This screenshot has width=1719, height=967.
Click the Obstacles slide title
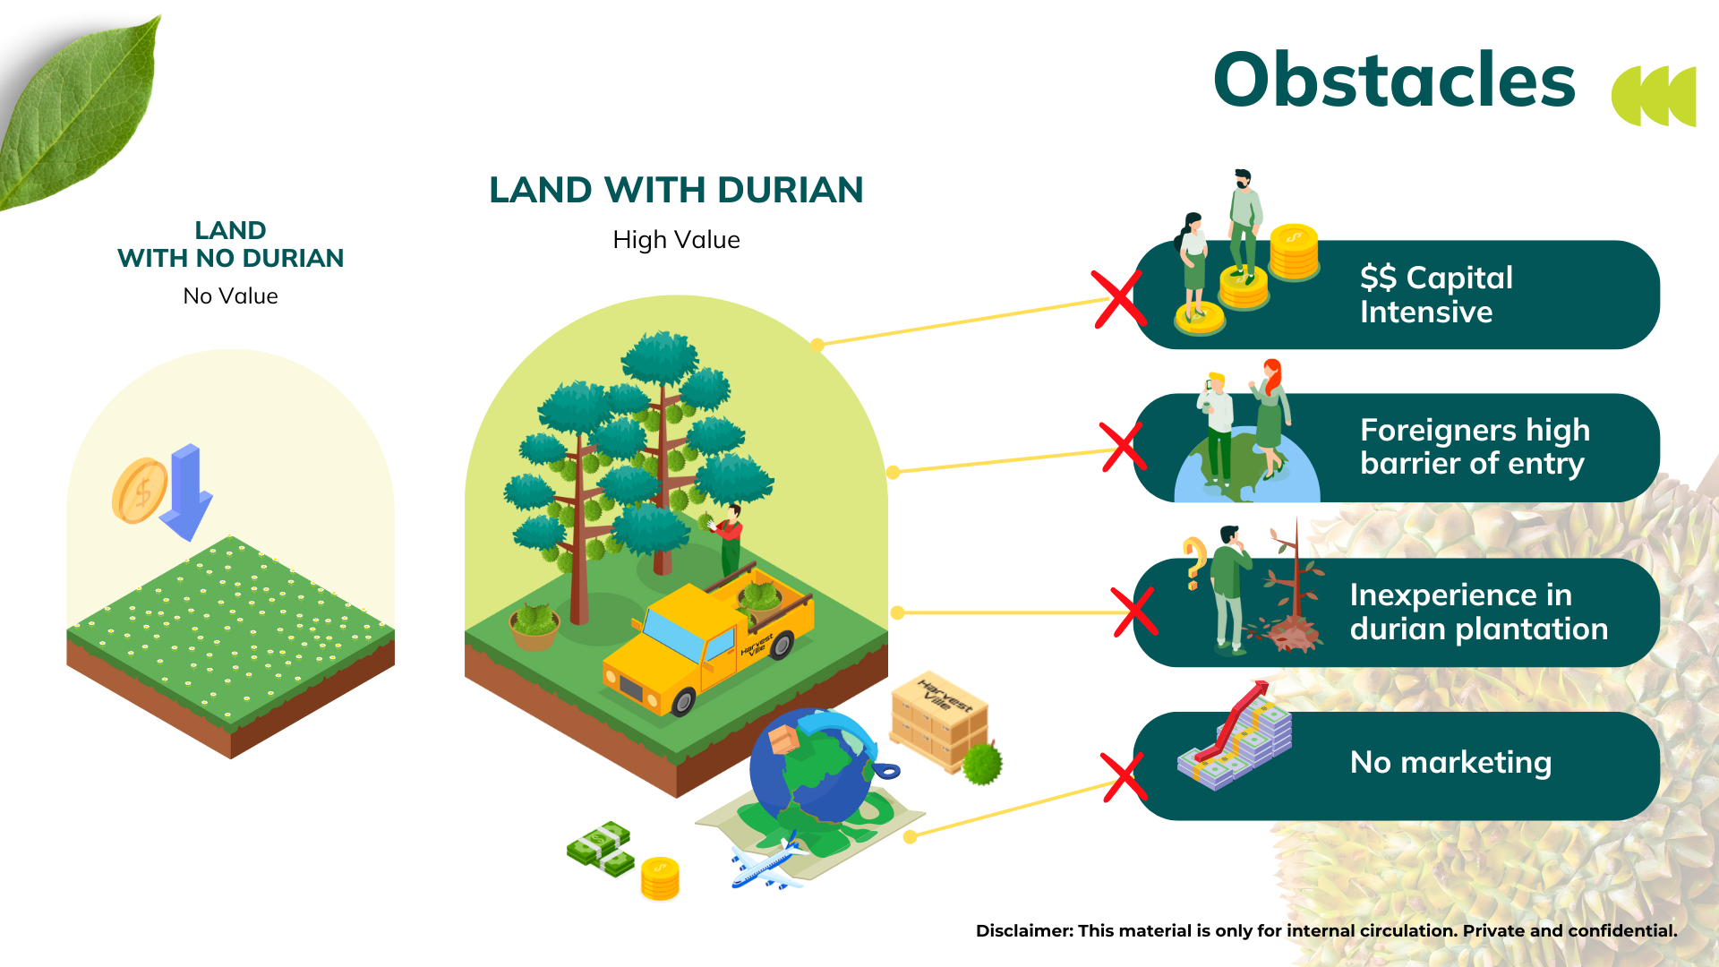[1394, 80]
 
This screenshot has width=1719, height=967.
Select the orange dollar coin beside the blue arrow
[140, 491]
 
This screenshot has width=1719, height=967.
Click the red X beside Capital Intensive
[1118, 299]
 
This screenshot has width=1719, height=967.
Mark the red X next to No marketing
[1124, 776]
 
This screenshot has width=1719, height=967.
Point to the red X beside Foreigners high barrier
[1124, 447]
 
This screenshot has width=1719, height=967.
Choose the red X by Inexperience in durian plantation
[1134, 612]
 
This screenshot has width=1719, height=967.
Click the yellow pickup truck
[708, 642]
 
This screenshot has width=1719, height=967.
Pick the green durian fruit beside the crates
[982, 764]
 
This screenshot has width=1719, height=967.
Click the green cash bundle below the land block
[601, 849]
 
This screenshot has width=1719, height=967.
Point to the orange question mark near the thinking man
[1193, 562]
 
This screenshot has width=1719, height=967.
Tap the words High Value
[676, 240]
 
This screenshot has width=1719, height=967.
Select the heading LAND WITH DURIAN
[676, 190]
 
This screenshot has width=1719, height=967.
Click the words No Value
[230, 296]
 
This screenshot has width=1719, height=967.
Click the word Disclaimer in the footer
[1023, 930]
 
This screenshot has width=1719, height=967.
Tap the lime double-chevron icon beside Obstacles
[1654, 96]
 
